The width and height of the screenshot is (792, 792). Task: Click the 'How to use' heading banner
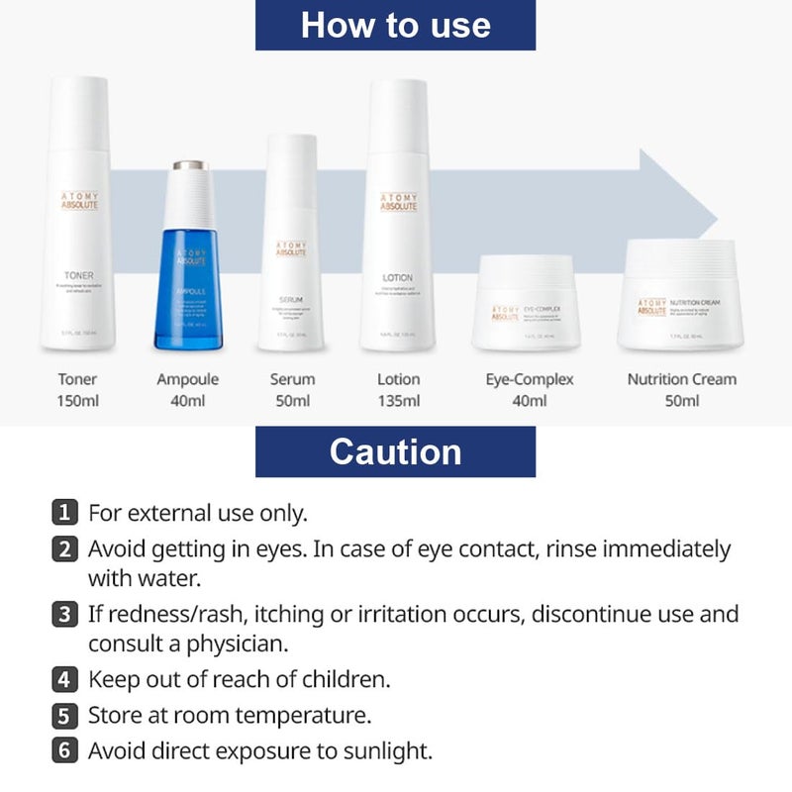pyautogui.click(x=395, y=25)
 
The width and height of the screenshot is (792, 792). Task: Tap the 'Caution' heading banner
pyautogui.click(x=395, y=451)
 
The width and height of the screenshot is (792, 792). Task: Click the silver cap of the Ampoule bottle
pyautogui.click(x=188, y=165)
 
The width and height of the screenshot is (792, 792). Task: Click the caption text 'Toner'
pyautogui.click(x=77, y=379)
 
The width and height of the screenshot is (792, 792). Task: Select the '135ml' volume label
pyautogui.click(x=399, y=401)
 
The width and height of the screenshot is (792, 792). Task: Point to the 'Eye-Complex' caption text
pyautogui.click(x=530, y=379)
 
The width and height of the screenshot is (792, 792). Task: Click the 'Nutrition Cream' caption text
pyautogui.click(x=681, y=379)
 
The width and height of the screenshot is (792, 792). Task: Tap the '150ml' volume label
pyautogui.click(x=77, y=401)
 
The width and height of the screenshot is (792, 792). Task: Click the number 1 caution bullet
pyautogui.click(x=63, y=513)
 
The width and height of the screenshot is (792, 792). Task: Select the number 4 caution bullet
pyautogui.click(x=63, y=680)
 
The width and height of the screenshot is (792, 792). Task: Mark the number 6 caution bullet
pyautogui.click(x=63, y=750)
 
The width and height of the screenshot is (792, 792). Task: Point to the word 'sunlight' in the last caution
pyautogui.click(x=392, y=750)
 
